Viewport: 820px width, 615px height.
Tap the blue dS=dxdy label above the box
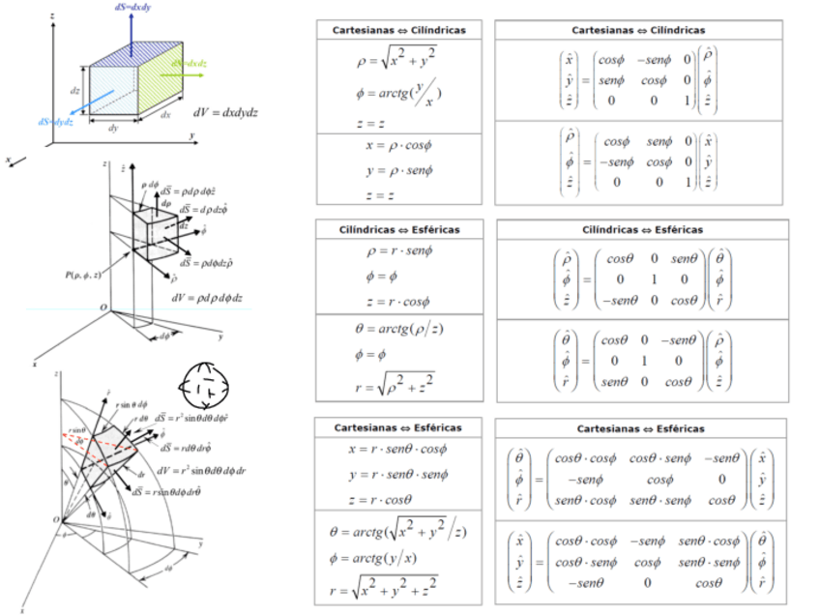tap(131, 6)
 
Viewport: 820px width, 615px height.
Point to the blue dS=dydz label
tap(57, 122)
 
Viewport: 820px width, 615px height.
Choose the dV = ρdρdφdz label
tap(205, 298)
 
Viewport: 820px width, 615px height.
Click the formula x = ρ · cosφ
tap(396, 146)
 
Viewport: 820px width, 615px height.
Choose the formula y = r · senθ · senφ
tap(397, 475)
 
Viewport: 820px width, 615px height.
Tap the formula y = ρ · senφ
tap(397, 171)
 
